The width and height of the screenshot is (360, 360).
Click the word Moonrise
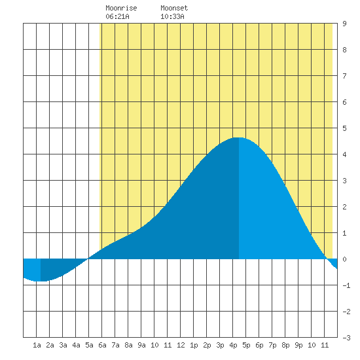[x=121, y=8]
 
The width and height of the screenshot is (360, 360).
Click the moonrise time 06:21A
[x=117, y=16]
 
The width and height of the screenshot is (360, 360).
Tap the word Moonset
[x=174, y=8]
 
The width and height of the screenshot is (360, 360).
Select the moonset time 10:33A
[x=172, y=16]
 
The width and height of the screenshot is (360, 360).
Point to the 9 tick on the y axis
[x=344, y=24]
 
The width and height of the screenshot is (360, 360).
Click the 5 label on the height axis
[x=344, y=128]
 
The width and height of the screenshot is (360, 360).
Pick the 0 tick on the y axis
[x=344, y=259]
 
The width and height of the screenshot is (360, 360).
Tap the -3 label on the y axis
[x=346, y=338]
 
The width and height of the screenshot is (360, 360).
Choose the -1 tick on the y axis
[x=346, y=285]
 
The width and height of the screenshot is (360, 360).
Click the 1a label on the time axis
[x=37, y=345]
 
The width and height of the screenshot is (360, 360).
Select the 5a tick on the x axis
[x=89, y=345]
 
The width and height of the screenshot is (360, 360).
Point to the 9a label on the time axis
[x=141, y=345]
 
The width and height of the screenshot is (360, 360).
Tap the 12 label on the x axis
[x=181, y=345]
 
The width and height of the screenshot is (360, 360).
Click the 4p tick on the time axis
[x=233, y=345]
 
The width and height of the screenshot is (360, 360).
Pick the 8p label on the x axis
[x=285, y=345]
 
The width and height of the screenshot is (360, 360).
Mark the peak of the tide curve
[x=239, y=137]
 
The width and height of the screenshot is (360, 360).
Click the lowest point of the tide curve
[x=41, y=281]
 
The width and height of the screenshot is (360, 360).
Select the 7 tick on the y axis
[x=344, y=76]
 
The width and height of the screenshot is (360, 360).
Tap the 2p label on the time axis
[x=207, y=345]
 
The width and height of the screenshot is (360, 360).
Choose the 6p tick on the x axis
[x=259, y=345]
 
